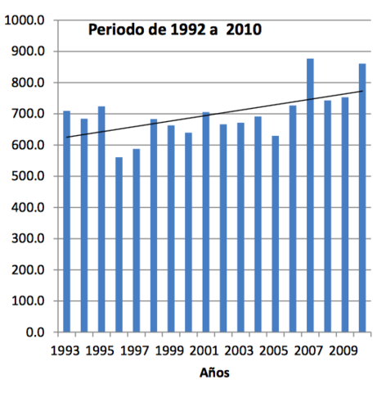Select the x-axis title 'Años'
coord(214,373)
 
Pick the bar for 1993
coord(67,221)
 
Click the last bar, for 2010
coord(362,197)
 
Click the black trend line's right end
coord(362,91)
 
